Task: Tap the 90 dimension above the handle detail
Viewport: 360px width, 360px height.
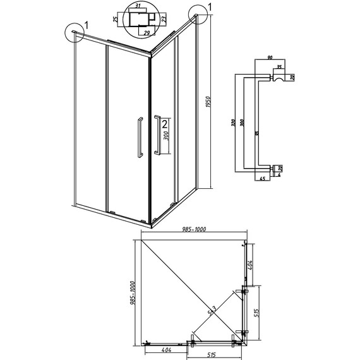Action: [x=270, y=58]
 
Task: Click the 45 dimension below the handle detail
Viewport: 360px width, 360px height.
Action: [x=261, y=179]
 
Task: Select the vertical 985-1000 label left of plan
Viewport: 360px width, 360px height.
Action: [x=133, y=294]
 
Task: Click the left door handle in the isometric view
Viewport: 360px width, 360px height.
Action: [x=136, y=136]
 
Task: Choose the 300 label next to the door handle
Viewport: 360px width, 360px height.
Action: [x=165, y=138]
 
